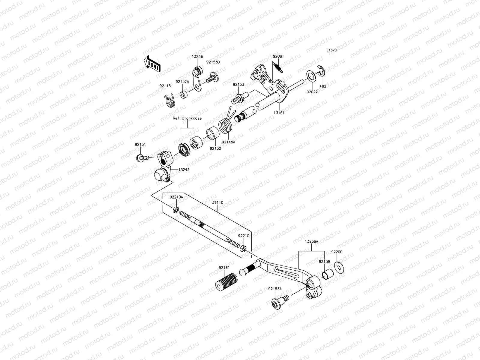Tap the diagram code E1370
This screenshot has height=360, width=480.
[x=331, y=50]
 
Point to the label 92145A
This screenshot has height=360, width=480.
[x=229, y=142]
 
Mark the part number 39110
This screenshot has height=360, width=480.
[x=218, y=202]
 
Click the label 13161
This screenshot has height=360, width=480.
[x=279, y=113]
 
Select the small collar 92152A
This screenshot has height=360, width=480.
[x=184, y=95]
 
